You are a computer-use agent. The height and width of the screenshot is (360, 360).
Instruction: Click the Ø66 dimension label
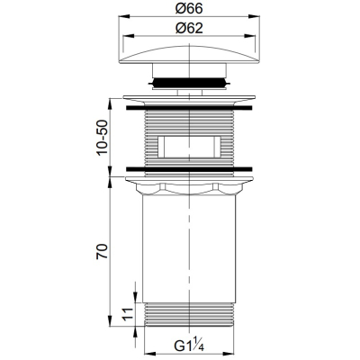pos(189,9)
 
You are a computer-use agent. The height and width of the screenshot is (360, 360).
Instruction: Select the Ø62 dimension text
pos(189,28)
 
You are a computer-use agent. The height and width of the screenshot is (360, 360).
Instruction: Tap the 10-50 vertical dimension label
pos(102,137)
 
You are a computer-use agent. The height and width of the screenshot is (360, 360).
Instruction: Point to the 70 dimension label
pos(102,251)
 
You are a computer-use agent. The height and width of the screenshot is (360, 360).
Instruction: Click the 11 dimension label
pos(128,314)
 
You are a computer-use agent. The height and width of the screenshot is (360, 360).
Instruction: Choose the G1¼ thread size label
pos(189,346)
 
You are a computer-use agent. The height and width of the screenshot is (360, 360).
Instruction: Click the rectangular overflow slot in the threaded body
pos(189,147)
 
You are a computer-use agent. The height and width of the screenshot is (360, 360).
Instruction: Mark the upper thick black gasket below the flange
pos(189,108)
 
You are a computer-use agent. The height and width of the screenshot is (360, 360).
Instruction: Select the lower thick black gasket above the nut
pos(189,169)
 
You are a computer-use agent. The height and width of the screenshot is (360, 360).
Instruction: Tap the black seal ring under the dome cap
pos(189,82)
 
